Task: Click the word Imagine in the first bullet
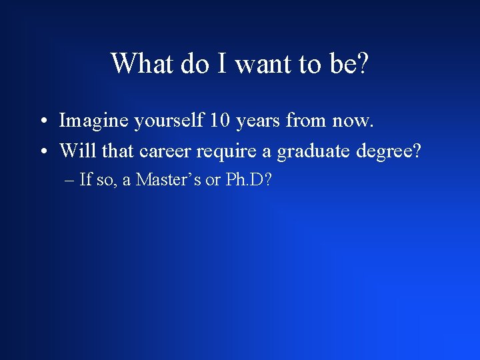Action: coord(95,121)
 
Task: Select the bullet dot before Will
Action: coord(42,153)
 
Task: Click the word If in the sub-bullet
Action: coord(85,180)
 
